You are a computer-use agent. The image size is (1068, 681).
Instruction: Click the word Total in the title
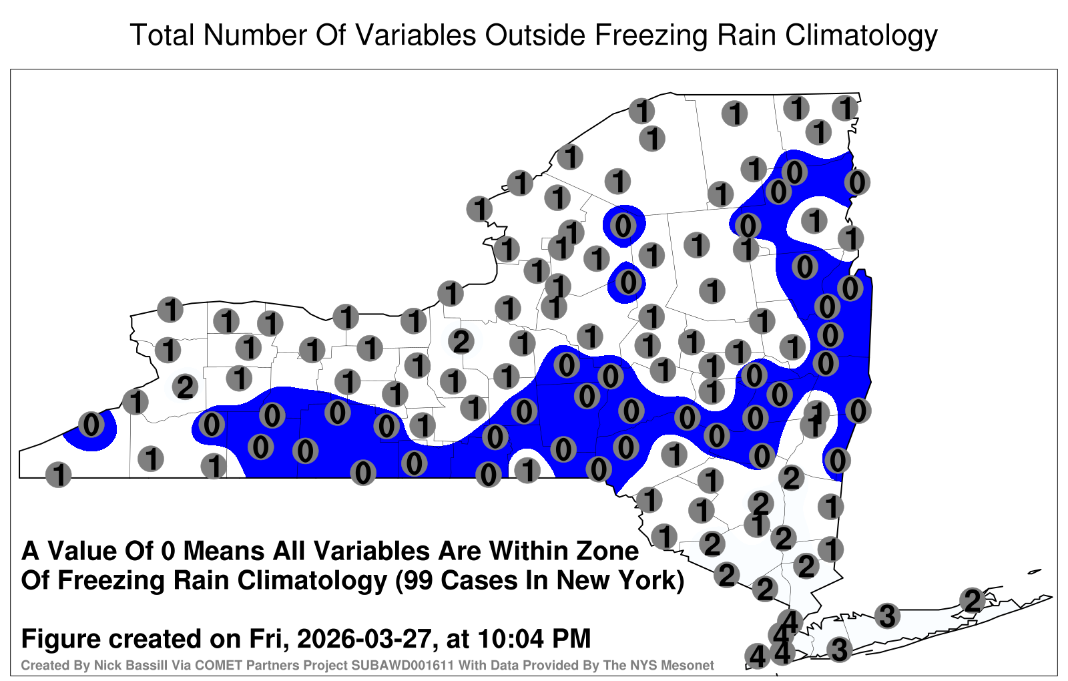pyautogui.click(x=162, y=35)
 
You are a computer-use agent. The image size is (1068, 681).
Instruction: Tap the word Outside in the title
pyautogui.click(x=535, y=35)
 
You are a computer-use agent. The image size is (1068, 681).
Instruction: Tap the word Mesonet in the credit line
pyautogui.click(x=691, y=665)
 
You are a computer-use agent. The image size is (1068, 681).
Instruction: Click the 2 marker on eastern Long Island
pyautogui.click(x=972, y=600)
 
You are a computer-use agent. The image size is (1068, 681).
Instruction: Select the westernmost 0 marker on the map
pyautogui.click(x=91, y=425)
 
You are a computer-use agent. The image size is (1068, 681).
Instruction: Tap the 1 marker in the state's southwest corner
pyautogui.click(x=59, y=475)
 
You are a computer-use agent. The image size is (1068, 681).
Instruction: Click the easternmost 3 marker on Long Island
pyautogui.click(x=887, y=616)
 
